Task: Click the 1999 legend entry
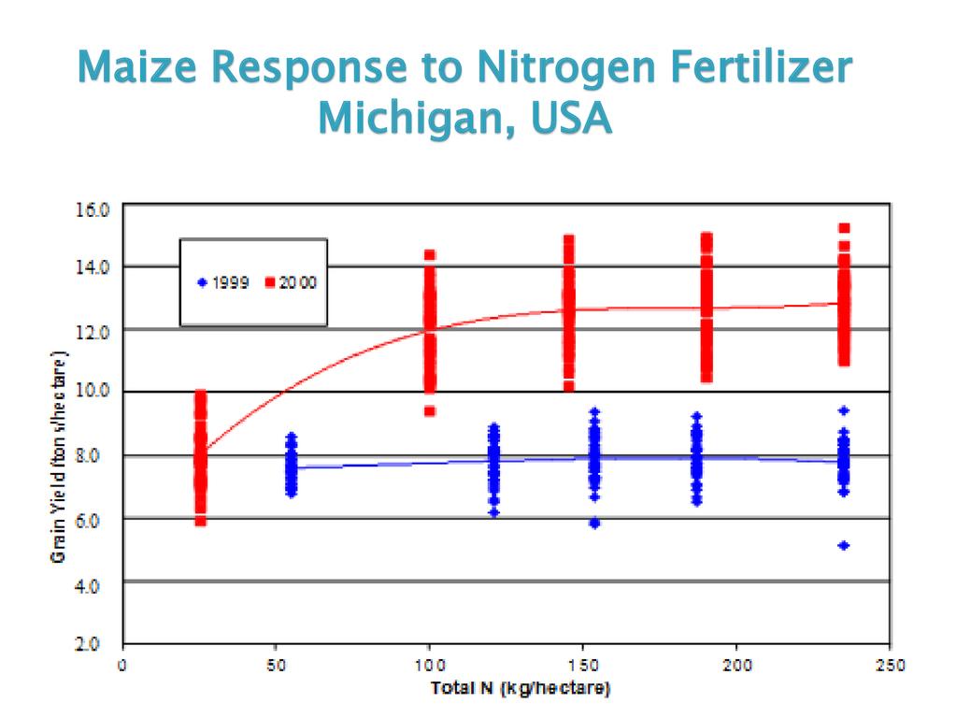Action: (223, 280)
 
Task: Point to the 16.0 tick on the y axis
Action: (93, 208)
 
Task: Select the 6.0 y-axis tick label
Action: (94, 517)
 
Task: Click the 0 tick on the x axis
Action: (122, 666)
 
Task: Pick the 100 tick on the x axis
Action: (429, 666)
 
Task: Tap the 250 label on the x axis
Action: (890, 666)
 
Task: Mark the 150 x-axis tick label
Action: (582, 666)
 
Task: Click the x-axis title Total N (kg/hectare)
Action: (521, 689)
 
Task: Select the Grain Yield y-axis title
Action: (59, 456)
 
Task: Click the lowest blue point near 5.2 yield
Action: (844, 545)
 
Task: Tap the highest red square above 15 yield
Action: (844, 228)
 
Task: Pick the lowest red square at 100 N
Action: (430, 410)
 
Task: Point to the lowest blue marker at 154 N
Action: (594, 523)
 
